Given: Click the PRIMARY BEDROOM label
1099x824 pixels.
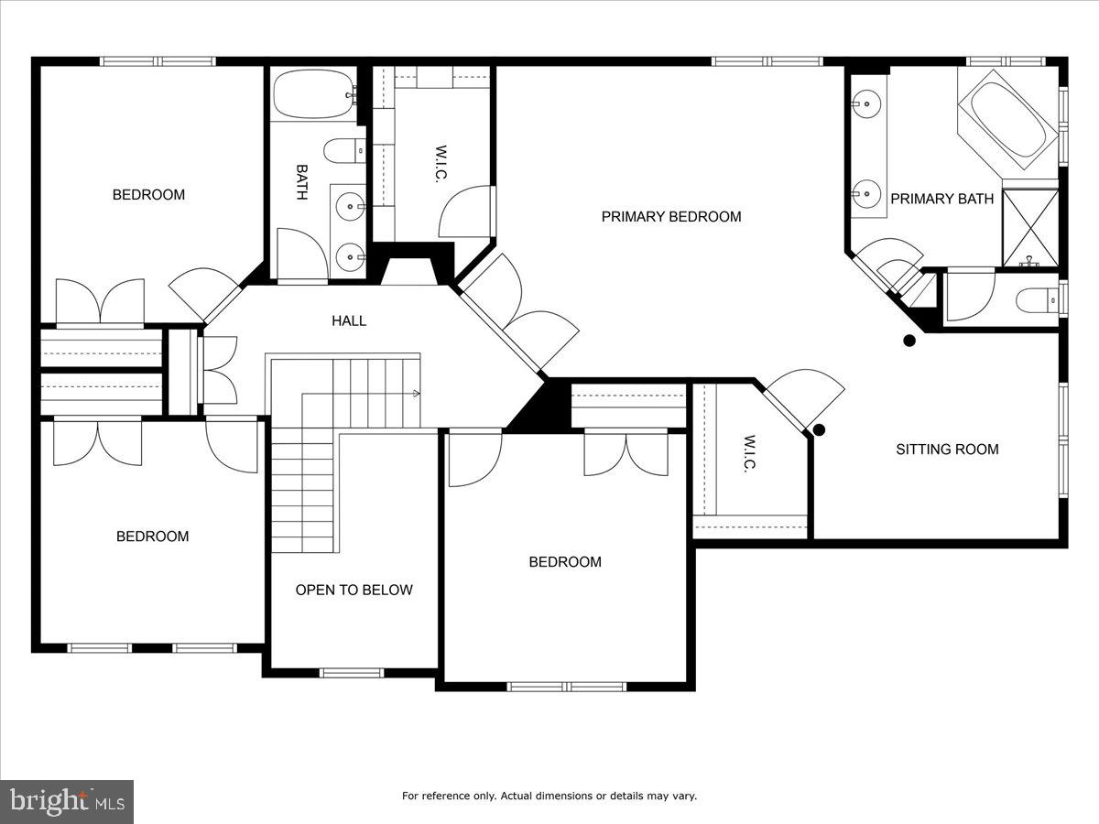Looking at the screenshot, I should [670, 217].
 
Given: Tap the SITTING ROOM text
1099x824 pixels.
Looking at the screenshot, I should [947, 450].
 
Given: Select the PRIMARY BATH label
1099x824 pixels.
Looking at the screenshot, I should [941, 199].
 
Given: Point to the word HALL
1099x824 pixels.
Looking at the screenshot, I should [349, 320].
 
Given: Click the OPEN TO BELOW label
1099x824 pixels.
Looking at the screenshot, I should [354, 591].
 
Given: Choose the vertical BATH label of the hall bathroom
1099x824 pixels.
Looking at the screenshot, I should [301, 182].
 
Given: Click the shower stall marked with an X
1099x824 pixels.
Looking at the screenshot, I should [1030, 228].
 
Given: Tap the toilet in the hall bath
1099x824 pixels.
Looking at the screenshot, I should [344, 151].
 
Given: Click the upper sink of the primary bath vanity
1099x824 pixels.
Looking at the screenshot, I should [863, 104].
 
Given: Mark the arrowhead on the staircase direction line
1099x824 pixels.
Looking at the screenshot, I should [417, 395].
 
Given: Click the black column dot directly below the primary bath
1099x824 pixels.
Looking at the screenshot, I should [909, 341].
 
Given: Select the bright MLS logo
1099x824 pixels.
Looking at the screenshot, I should [67, 802].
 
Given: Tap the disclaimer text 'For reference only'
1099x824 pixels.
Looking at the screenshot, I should [549, 796].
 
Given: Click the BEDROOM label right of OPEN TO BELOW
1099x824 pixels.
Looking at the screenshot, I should [565, 562].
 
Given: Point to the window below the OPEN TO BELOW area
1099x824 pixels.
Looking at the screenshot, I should [352, 673].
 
